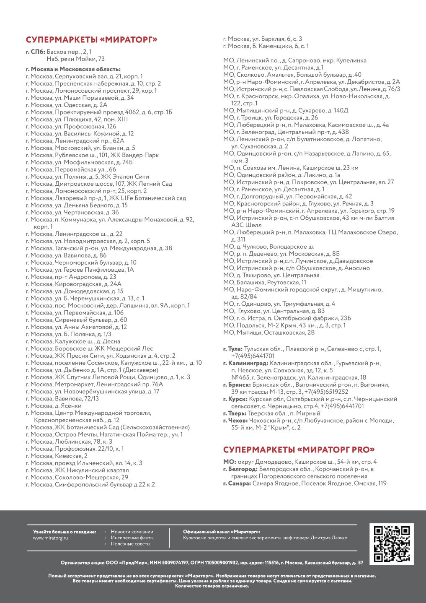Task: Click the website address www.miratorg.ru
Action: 50,537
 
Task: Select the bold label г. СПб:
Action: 35,52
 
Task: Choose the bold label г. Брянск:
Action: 237,385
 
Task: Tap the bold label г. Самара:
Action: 237,483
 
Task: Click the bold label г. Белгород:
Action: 240,469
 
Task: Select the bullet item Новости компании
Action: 132,531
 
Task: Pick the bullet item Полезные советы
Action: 130,544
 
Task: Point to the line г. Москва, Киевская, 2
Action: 57,456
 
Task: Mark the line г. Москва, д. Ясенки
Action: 53,406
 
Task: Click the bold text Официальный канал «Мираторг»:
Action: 222,531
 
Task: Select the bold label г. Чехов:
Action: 235,420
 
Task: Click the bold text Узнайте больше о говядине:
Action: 65,531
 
